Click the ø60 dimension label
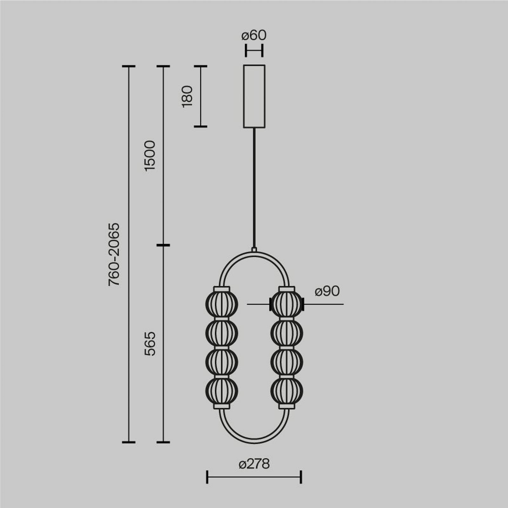pyautogui.click(x=254, y=35)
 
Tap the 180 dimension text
pyautogui.click(x=187, y=96)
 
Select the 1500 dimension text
pyautogui.click(x=150, y=156)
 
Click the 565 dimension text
pyautogui.click(x=150, y=344)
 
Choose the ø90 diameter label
pyautogui.click(x=327, y=291)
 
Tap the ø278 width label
pyautogui.click(x=254, y=464)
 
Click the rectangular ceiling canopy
pyautogui.click(x=254, y=96)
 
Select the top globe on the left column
pyautogui.click(x=222, y=304)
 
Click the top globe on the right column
pyautogui.click(x=287, y=304)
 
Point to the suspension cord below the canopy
pyautogui.click(x=254, y=187)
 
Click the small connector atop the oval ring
pyautogui.click(x=254, y=250)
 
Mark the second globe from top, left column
pyautogui.click(x=222, y=333)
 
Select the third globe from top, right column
pyautogui.click(x=287, y=362)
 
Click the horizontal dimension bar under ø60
pyautogui.click(x=254, y=50)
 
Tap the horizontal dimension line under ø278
pyautogui.click(x=254, y=477)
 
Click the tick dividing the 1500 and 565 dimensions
pyautogui.click(x=163, y=245)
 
